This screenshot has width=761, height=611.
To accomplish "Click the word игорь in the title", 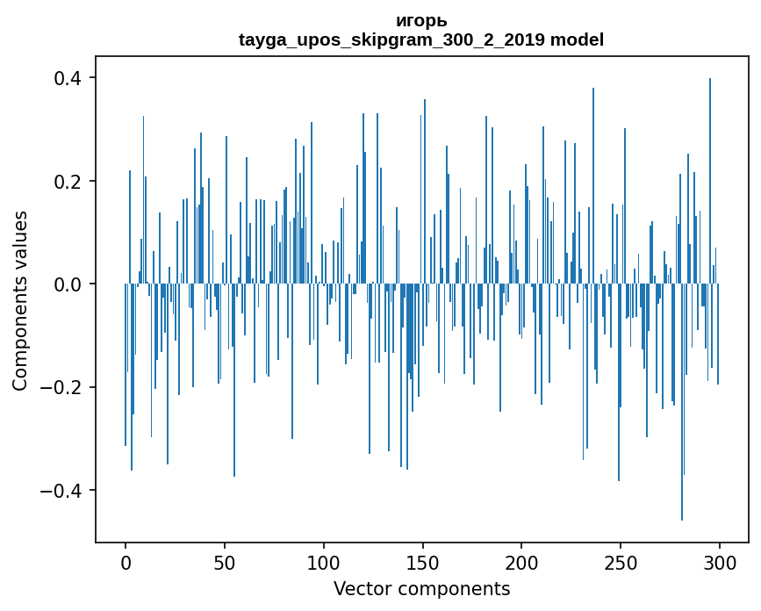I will click(x=421, y=21).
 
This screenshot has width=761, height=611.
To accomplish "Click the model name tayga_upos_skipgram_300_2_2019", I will click(x=391, y=40).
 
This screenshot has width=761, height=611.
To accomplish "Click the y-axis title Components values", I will click(x=20, y=300).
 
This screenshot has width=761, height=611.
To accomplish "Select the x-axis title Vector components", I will click(x=421, y=588).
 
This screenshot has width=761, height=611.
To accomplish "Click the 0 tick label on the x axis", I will click(x=126, y=562).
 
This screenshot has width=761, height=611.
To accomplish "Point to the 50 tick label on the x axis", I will click(x=225, y=562).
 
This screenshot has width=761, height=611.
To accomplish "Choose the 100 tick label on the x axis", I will click(x=324, y=562).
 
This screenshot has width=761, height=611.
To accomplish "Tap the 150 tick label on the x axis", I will click(x=422, y=562).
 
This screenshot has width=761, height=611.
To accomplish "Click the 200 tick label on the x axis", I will click(x=521, y=562).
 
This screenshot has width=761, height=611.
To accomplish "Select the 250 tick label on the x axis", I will click(x=621, y=562).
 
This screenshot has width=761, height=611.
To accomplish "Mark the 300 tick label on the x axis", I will click(x=720, y=562).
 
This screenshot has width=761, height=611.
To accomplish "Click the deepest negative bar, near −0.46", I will click(x=682, y=439).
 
